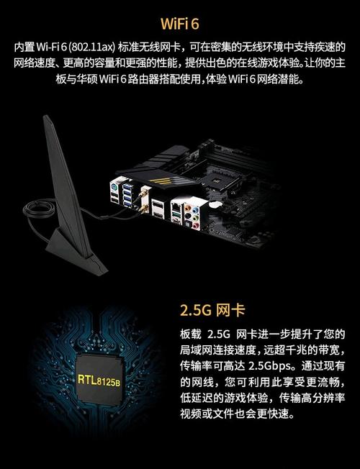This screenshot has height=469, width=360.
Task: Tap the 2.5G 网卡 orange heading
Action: (212, 311)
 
